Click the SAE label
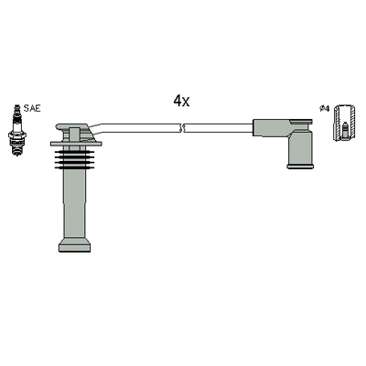(32, 108)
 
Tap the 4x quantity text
(181, 101)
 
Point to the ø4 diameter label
(324, 108)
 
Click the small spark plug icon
(17, 130)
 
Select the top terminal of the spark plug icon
(16, 107)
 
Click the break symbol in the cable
(181, 128)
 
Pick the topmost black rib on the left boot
(73, 152)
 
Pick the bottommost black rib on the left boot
(73, 167)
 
